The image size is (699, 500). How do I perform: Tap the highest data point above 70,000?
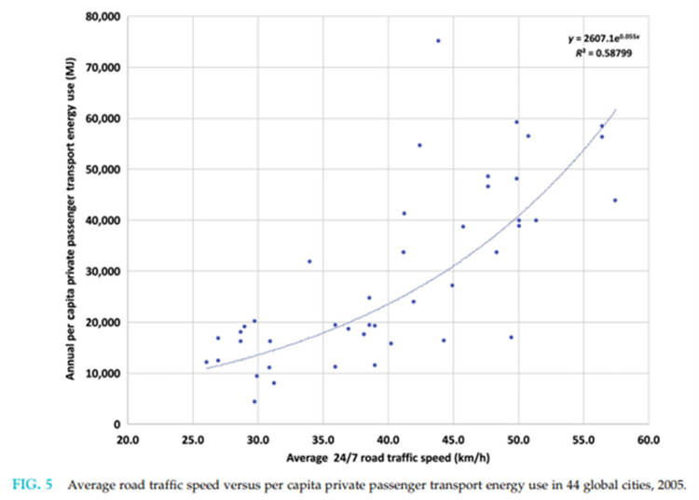pos(438,41)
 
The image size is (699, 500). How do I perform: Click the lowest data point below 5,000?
pos(254,401)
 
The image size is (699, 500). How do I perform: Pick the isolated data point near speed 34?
pos(309,261)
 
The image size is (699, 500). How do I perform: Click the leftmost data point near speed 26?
pos(207,362)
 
